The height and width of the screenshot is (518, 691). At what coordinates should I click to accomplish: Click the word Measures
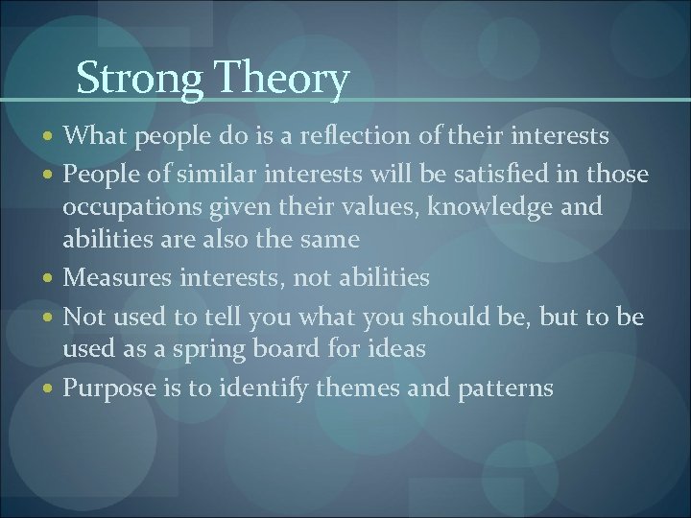(113, 278)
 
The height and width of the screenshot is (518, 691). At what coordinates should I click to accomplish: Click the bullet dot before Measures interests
(50, 278)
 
